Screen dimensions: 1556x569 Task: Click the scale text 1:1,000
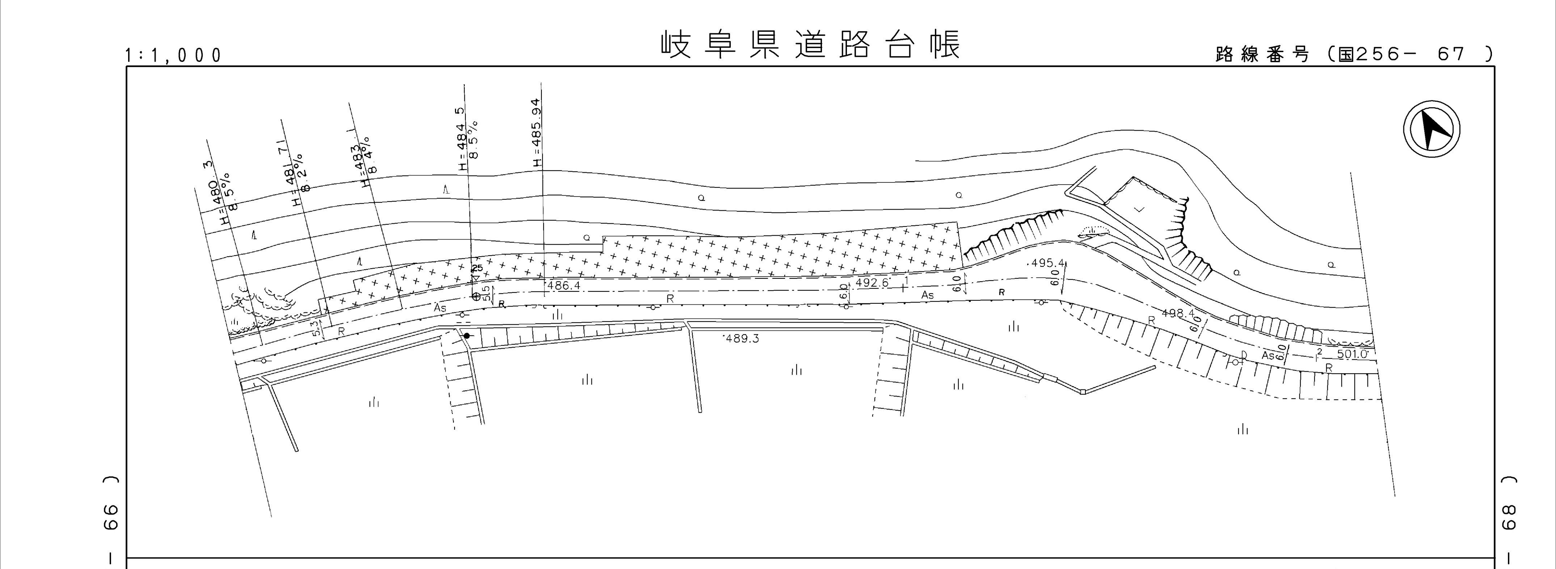(173, 56)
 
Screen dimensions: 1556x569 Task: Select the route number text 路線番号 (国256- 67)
(1353, 54)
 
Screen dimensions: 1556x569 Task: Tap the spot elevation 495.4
(1047, 264)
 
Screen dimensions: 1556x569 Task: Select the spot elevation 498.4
(1178, 313)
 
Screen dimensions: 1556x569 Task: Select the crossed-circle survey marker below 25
(475, 296)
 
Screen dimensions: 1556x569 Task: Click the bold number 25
(477, 268)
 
